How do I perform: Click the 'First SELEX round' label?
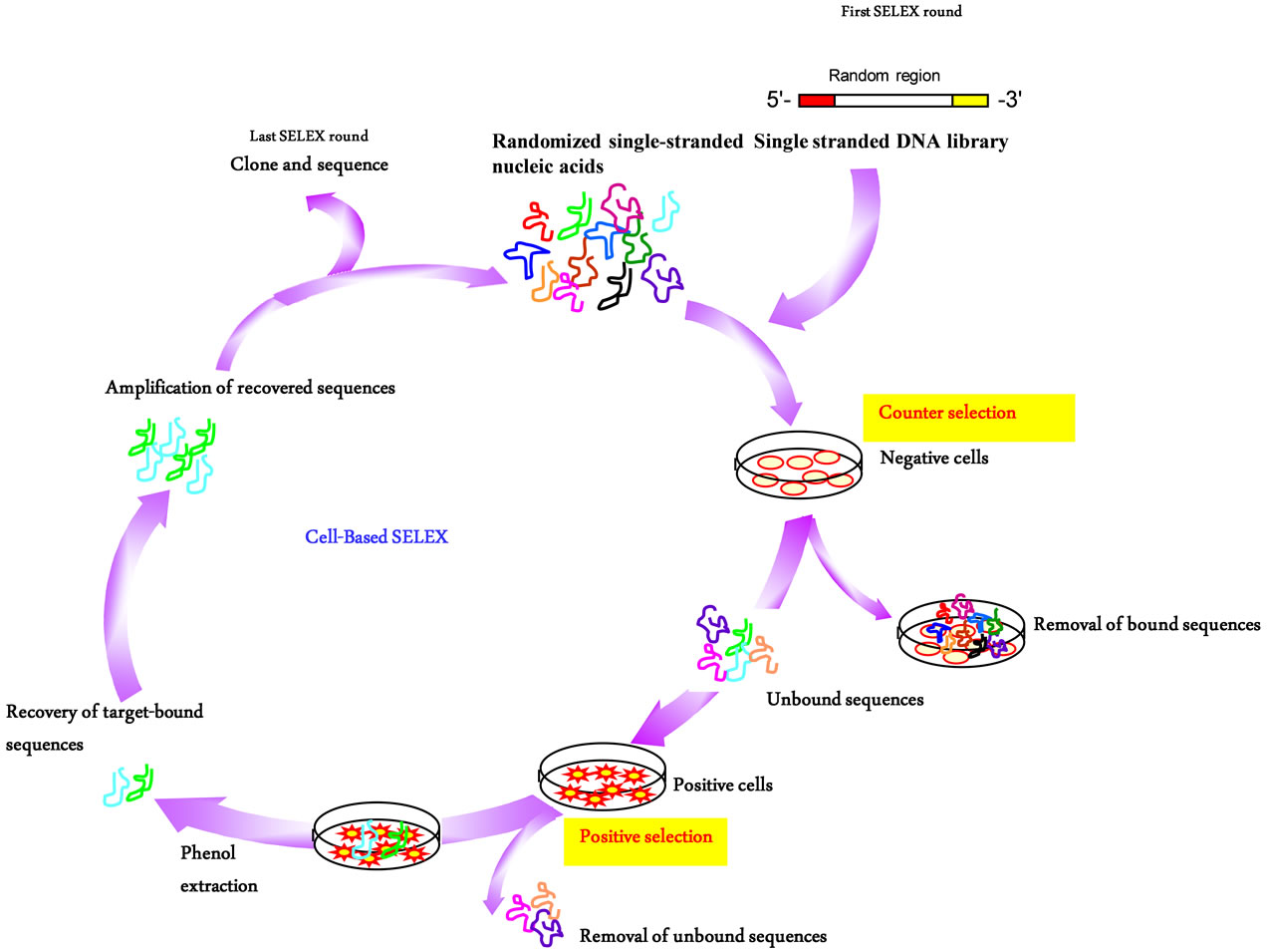[901, 12]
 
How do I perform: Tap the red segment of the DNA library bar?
[816, 101]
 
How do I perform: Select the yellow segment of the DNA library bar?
[970, 101]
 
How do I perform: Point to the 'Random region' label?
[885, 76]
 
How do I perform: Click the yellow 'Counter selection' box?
[968, 418]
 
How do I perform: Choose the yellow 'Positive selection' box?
[645, 841]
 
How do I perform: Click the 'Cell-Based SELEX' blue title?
[377, 536]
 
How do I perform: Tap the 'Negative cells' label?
[934, 458]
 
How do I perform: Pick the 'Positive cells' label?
[723, 785]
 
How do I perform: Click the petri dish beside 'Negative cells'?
[799, 465]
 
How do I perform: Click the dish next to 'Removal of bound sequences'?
[961, 634]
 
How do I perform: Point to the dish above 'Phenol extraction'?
[377, 835]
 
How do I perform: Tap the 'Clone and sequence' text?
[309, 164]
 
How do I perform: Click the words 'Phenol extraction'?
[219, 868]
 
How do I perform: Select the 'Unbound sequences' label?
[845, 700]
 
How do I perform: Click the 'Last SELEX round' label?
[309, 136]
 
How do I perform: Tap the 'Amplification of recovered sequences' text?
[250, 388]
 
